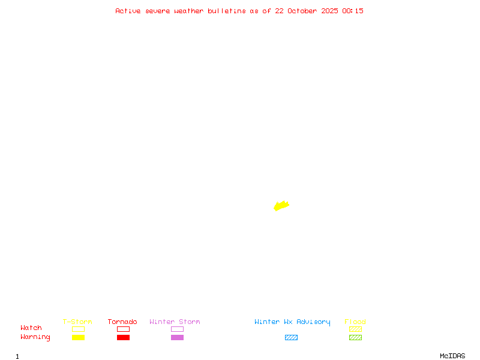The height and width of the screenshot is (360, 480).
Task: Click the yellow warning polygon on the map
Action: (281, 206)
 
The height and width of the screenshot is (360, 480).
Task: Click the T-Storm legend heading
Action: (77, 322)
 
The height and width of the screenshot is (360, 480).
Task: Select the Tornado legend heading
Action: (122, 322)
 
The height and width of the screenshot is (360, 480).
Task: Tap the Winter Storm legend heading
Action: (175, 322)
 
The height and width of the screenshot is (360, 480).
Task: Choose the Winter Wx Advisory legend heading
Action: (292, 322)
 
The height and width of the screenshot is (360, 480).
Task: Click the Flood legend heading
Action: (355, 322)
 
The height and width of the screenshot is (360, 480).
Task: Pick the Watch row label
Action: (31, 328)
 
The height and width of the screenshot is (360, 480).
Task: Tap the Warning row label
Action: (35, 337)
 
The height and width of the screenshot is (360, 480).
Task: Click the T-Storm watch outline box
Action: (78, 329)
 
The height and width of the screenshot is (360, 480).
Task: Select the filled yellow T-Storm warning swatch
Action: (78, 337)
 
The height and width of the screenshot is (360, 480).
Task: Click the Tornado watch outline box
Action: (123, 329)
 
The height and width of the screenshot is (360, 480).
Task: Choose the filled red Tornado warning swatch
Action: (123, 337)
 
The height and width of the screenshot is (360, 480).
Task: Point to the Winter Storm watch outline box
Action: (177, 329)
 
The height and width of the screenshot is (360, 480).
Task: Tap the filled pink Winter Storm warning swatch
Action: (177, 337)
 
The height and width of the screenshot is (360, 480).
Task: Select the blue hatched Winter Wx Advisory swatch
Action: (291, 337)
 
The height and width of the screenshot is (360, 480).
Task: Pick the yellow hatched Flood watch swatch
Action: (355, 329)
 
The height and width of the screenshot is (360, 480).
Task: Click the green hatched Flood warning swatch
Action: (355, 337)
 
